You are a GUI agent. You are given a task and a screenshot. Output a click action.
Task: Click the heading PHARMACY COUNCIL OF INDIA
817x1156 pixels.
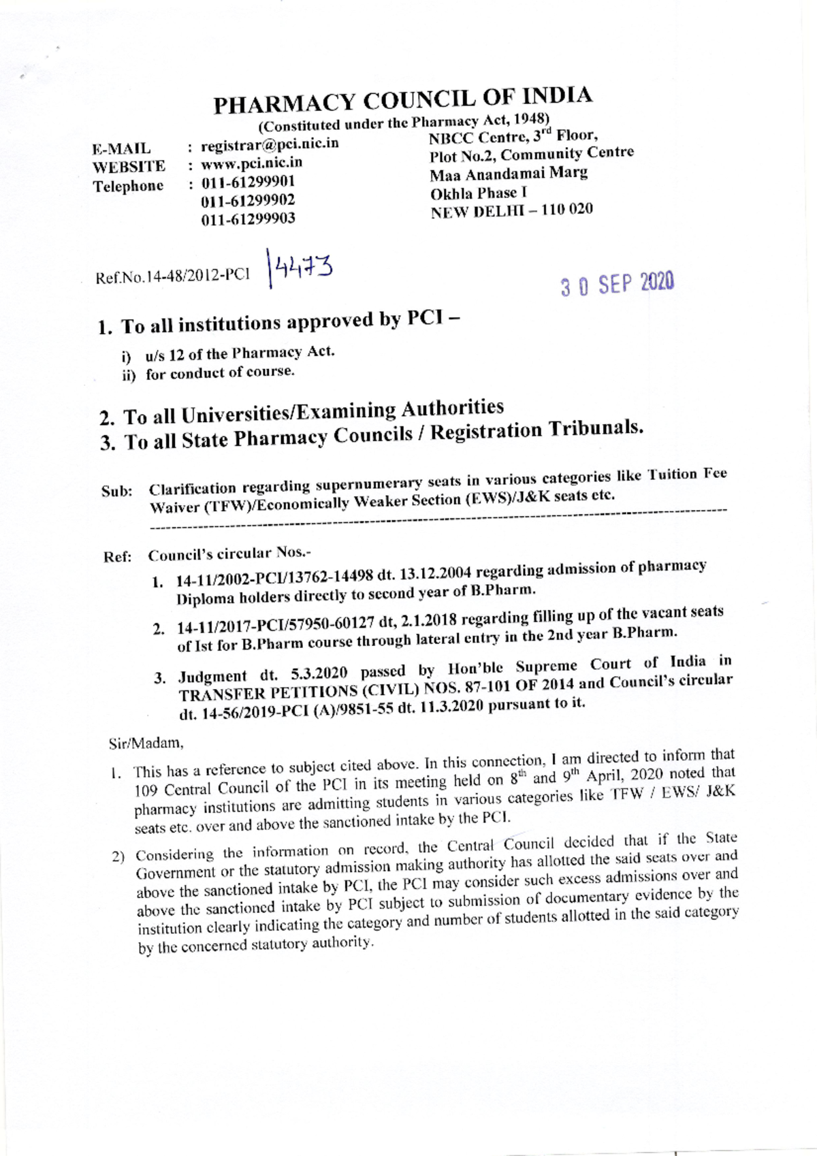(x=403, y=101)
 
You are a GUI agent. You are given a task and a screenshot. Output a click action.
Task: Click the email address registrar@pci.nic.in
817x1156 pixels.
(x=270, y=145)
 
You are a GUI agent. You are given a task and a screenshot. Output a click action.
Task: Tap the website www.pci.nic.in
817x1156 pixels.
(x=251, y=163)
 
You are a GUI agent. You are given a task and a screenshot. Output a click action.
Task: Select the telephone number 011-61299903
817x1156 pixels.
(x=248, y=219)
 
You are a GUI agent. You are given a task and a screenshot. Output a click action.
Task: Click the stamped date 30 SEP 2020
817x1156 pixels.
(x=617, y=284)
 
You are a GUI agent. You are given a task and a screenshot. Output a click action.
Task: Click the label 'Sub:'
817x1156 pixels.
(x=116, y=492)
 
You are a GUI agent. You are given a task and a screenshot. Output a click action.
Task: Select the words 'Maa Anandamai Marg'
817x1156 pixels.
(x=509, y=174)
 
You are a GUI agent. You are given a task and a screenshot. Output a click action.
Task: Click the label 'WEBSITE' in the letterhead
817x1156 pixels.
(x=129, y=167)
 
